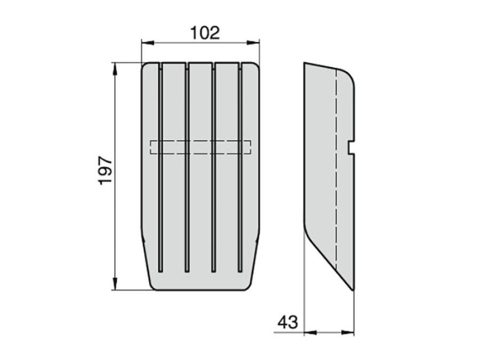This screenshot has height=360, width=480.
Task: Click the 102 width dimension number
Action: click(205, 33)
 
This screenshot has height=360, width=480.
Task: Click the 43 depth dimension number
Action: click(288, 322)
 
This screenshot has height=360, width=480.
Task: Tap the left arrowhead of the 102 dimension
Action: click(147, 43)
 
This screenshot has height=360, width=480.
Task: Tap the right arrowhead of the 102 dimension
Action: click(253, 43)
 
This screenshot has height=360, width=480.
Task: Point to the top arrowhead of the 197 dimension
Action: click(115, 69)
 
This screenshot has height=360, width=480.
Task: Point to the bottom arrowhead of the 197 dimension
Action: click(115, 284)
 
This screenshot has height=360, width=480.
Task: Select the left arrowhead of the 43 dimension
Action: click(310, 332)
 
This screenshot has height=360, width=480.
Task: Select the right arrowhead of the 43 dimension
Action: click(348, 332)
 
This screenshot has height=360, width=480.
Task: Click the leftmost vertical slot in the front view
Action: click(161, 167)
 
